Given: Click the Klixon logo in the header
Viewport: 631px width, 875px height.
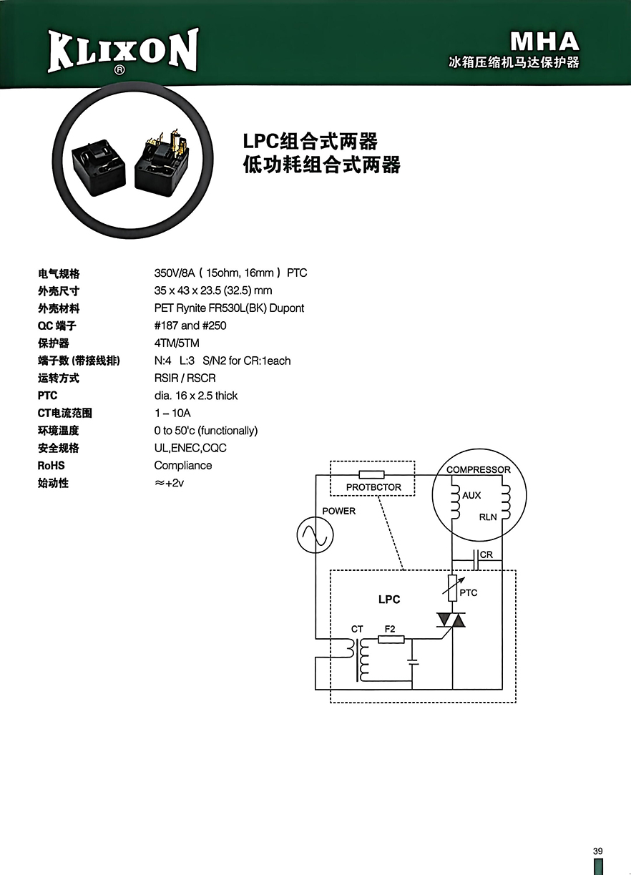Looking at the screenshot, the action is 123,52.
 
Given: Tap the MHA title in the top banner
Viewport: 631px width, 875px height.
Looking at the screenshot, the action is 544,41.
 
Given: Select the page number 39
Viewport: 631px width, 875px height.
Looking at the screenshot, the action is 598,851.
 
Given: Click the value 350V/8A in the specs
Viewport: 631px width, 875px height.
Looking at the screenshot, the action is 175,273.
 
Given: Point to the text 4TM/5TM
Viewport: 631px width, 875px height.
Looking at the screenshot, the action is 177,343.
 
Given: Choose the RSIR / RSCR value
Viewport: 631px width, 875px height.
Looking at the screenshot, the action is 185,378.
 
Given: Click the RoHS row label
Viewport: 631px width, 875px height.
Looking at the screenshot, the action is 52,466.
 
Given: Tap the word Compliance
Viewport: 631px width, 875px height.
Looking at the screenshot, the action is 183,466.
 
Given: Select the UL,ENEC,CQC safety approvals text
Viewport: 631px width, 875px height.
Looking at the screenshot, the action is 190,448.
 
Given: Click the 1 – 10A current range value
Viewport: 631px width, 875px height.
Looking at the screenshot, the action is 172,413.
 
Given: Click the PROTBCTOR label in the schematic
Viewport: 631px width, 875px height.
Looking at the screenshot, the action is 373,487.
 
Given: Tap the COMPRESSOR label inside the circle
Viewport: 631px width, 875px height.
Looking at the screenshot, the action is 478,469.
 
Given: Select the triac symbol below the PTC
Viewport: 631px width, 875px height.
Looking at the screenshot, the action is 451,620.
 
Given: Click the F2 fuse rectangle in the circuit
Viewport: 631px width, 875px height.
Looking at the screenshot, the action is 391,640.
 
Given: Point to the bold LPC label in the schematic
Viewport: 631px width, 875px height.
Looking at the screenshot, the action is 389,600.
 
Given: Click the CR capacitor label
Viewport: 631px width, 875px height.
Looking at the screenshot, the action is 486,554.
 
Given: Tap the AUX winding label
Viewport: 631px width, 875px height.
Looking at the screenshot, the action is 471,495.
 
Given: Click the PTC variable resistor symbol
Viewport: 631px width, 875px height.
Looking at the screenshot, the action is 452,588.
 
